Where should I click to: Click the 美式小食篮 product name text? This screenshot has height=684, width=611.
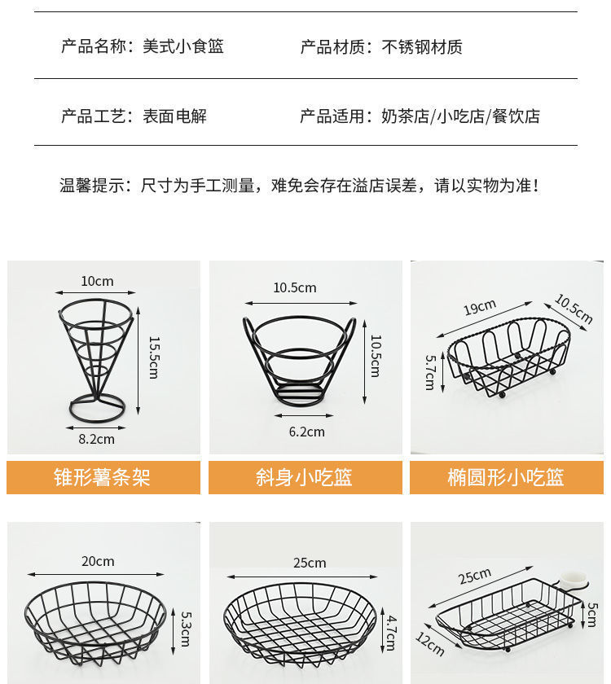[x=183, y=46]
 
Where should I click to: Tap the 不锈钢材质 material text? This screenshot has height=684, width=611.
[x=422, y=46]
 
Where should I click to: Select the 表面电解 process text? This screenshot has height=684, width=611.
[x=175, y=116]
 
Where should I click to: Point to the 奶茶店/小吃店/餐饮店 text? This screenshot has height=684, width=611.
[x=460, y=116]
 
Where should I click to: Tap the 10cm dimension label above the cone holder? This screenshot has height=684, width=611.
[x=97, y=282]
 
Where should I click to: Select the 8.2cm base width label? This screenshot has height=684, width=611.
[x=97, y=439]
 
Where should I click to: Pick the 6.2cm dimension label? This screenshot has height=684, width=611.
[x=306, y=432]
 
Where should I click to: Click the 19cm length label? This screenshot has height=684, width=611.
[x=480, y=308]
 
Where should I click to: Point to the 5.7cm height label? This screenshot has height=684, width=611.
[x=430, y=371]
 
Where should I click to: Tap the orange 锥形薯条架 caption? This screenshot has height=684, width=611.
[x=103, y=477]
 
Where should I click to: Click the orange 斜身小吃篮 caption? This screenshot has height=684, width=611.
[x=305, y=477]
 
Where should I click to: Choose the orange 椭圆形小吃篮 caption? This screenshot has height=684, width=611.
[x=506, y=477]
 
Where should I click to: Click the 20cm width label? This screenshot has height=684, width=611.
[x=98, y=561]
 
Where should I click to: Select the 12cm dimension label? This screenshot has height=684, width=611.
[x=430, y=644]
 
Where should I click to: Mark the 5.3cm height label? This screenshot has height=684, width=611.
[x=185, y=629]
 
